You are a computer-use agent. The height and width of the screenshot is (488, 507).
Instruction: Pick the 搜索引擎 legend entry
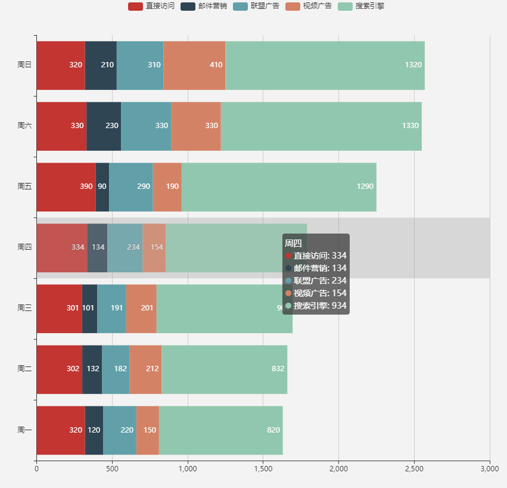pos(361,6)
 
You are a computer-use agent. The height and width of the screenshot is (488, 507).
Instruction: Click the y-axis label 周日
pos(24,65)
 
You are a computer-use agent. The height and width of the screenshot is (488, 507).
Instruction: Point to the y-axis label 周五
pos(24,187)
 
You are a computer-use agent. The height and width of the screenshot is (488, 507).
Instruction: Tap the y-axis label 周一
pos(24,430)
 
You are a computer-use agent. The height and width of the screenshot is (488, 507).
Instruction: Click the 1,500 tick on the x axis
pos(263,470)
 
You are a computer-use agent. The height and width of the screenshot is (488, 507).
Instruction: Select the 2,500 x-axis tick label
pos(414,470)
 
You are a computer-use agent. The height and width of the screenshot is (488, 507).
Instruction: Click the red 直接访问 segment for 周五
pos(66,187)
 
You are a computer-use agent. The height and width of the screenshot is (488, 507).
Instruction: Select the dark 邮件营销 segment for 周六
pos(104,126)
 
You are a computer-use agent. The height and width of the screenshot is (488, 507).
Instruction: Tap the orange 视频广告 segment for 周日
pos(194,65)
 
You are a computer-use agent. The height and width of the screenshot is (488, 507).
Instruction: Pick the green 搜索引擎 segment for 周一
pos(220,430)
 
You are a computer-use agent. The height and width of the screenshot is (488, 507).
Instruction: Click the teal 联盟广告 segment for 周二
pos(116,369)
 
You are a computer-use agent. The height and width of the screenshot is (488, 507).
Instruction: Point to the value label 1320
pos(413,65)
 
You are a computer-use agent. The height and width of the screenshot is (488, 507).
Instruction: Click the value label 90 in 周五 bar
pos(102,187)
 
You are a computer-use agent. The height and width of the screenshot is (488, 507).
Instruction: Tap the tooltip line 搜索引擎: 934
pos(316,306)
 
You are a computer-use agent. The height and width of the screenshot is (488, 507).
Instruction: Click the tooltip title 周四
pos(293,243)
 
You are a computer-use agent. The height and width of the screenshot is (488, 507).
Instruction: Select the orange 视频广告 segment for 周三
pos(141,308)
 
